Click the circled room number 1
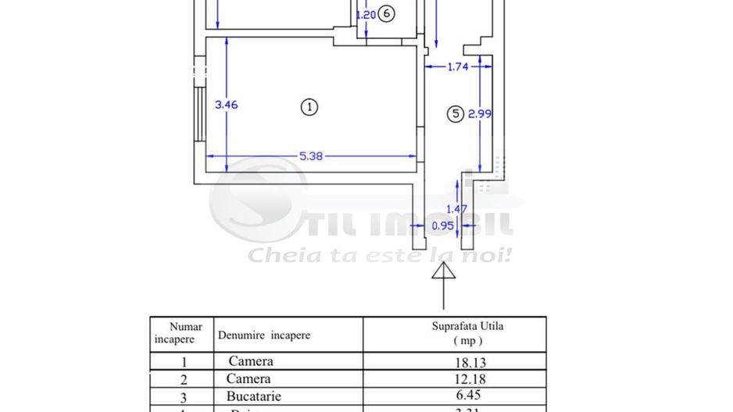pos(309,107)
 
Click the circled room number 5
pos(455,114)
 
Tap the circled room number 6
pos(388,13)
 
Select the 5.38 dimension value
pos(311,156)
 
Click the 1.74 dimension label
pos(457,67)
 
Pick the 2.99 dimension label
pos(480,114)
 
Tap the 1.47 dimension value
pos(456,209)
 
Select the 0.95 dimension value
pos(443,226)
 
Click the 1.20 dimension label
pos(366,14)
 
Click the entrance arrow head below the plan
pos(443,271)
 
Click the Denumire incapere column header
pos(264,335)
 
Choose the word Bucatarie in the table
pos(254,396)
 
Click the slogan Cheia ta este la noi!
pos(380,255)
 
